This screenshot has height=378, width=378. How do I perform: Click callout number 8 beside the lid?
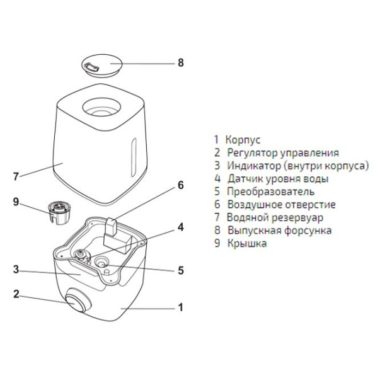pos(181,63)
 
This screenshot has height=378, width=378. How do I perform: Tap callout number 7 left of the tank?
pos(16,176)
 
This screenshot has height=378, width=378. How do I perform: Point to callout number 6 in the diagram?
pos(180,186)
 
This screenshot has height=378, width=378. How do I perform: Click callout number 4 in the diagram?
pos(180,227)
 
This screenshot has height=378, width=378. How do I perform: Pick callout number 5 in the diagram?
pos(180,271)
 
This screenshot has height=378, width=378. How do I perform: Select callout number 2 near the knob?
pos(16,294)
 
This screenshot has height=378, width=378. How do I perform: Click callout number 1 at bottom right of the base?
pos(181,308)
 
